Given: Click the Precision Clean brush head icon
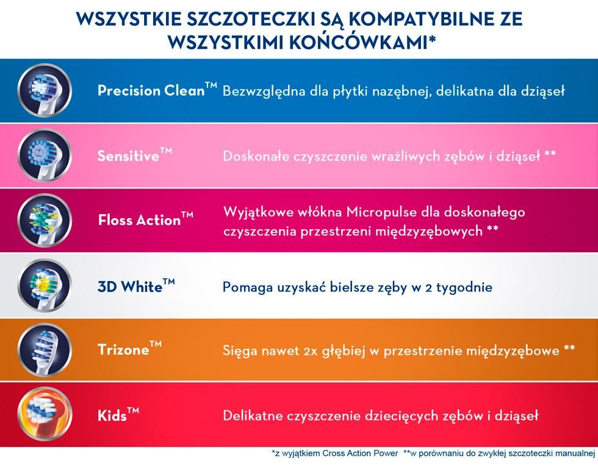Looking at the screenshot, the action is coord(45,91).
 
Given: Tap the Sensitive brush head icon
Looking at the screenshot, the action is coord(45,155).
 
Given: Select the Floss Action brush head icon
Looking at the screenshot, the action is coord(45,220).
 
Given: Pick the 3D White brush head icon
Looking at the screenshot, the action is coord(45,285).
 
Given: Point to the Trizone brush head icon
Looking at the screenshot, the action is coord(45,350).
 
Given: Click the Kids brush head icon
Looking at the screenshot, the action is coord(45,415).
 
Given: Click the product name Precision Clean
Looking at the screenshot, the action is coord(151,90).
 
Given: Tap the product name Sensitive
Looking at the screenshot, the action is coord(128,155).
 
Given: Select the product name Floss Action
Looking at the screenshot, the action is coord(139,220).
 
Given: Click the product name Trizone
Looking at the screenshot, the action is coord(123,349).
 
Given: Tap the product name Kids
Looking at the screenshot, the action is coord(112,415).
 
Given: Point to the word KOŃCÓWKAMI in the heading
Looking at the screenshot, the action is coord(358,42).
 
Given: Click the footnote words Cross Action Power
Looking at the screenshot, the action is coord(360,453).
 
